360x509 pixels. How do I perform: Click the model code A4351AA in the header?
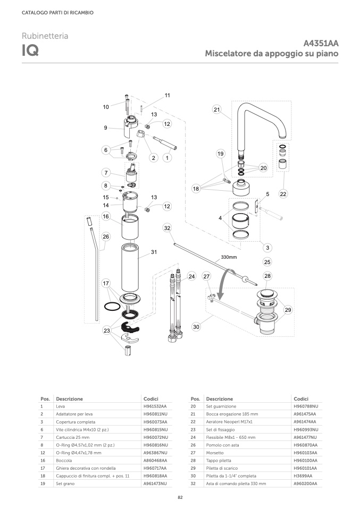pyautogui.click(x=321, y=43)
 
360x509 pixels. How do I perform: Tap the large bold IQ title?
pyautogui.click(x=30, y=50)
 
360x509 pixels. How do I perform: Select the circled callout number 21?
pyautogui.click(x=217, y=109)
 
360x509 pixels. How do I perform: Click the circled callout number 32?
pyautogui.click(x=167, y=228)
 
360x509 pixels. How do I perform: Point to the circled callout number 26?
pyautogui.click(x=106, y=236)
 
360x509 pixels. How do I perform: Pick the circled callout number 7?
pyautogui.click(x=106, y=172)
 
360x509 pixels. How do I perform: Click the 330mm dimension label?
pyautogui.click(x=229, y=257)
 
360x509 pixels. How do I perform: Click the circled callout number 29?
pyautogui.click(x=288, y=310)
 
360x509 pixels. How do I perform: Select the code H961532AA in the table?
pyautogui.click(x=155, y=406)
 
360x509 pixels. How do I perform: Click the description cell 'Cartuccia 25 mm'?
pyautogui.click(x=72, y=437)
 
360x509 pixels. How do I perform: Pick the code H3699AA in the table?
pyautogui.click(x=303, y=476)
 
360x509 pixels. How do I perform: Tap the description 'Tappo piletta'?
pyautogui.click(x=219, y=460)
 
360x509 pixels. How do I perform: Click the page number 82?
pyautogui.click(x=180, y=497)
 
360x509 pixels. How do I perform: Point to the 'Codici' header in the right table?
pyautogui.click(x=301, y=398)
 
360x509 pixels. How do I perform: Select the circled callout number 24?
pyautogui.click(x=191, y=276)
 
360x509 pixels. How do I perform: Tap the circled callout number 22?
pyautogui.click(x=283, y=194)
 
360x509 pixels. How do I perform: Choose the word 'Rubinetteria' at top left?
pyautogui.click(x=45, y=36)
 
